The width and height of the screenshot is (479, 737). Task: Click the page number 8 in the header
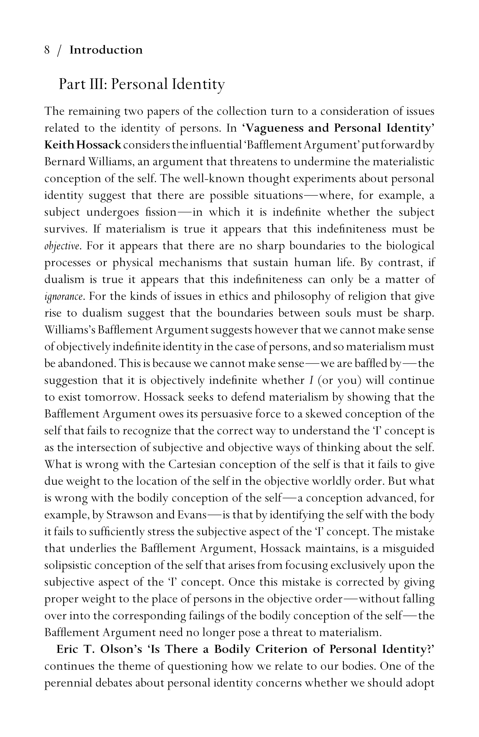[x=47, y=50]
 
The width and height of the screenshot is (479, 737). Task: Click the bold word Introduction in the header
[x=106, y=50]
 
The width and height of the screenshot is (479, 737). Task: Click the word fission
[x=160, y=212]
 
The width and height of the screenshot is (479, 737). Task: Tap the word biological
[x=410, y=246]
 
